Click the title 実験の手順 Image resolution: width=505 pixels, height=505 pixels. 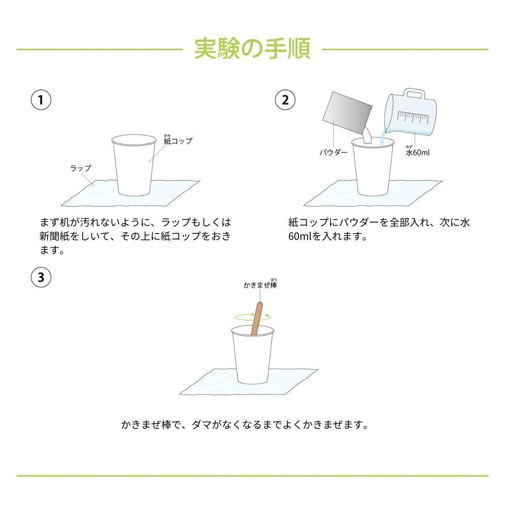(x=252, y=49)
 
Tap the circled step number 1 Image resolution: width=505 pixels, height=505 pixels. (x=41, y=100)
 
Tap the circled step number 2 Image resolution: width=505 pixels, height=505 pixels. (x=285, y=100)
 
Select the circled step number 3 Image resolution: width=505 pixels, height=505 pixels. (x=41, y=277)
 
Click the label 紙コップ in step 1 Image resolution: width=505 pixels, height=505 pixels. (x=178, y=141)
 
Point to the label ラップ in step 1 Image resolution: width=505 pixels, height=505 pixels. (x=80, y=168)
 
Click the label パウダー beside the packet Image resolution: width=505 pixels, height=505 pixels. (x=333, y=152)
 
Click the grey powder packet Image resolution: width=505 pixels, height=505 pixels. (x=348, y=112)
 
